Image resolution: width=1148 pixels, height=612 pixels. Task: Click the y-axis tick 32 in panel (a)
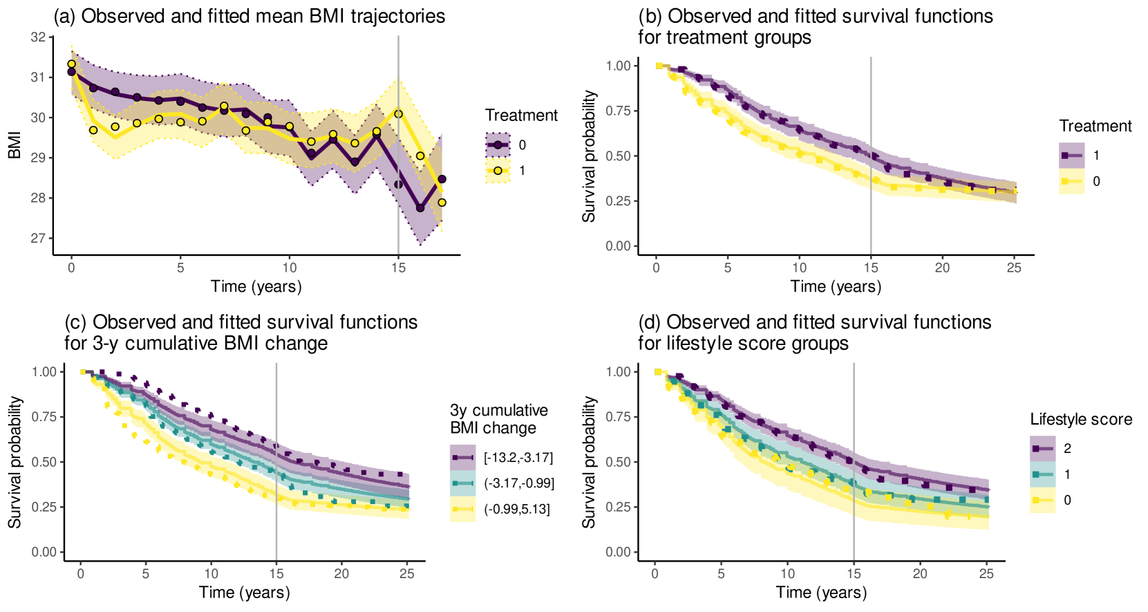click(x=38, y=37)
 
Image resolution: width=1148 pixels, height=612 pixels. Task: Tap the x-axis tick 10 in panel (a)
click(x=290, y=268)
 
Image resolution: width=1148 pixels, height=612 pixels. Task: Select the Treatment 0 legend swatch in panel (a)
click(x=498, y=145)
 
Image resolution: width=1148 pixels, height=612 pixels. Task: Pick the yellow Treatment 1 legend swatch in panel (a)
click(x=498, y=171)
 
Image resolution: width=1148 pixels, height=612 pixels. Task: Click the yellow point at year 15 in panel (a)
click(x=398, y=114)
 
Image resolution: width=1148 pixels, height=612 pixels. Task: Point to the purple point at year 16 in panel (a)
click(x=420, y=207)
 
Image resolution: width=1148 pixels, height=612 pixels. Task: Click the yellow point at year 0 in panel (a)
click(x=71, y=64)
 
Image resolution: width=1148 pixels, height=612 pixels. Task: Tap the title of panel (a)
click(x=250, y=16)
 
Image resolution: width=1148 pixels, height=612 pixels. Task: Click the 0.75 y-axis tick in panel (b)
click(x=618, y=111)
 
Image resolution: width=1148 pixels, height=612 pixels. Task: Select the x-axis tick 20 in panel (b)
click(x=942, y=268)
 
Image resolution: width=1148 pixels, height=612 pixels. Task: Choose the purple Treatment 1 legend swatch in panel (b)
click(x=1071, y=156)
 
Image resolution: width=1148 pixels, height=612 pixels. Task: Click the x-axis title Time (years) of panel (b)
click(x=836, y=286)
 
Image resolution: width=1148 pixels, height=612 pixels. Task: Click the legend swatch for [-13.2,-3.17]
click(x=462, y=458)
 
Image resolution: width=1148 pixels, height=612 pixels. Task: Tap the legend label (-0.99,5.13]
click(x=517, y=510)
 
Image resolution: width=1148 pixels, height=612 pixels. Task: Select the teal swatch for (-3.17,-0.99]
click(x=462, y=483)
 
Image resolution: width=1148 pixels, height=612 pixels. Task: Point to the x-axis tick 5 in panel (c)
click(x=146, y=573)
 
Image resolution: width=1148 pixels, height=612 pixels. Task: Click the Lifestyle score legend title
click(x=1081, y=419)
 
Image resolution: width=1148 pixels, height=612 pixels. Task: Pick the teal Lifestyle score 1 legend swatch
click(x=1042, y=474)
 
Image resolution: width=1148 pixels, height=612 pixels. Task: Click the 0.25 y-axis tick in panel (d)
click(x=618, y=507)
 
